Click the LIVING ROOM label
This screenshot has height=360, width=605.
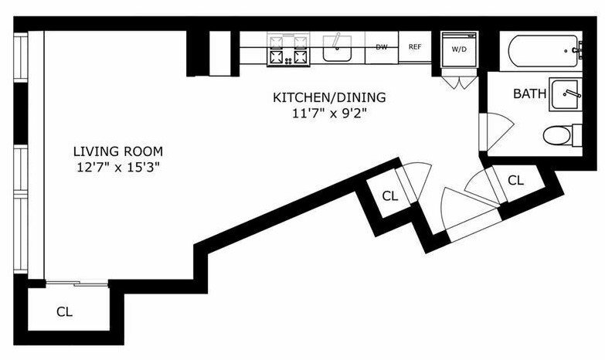point(118,151)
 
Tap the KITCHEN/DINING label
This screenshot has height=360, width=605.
point(329,97)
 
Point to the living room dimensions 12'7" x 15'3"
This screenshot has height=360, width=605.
point(117,168)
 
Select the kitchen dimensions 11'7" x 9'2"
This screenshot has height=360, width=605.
point(328,114)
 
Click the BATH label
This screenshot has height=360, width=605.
point(529,93)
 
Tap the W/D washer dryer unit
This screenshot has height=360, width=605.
point(460,49)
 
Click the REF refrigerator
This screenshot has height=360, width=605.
point(415,47)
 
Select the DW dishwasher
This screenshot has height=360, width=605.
point(382,47)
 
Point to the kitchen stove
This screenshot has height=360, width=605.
point(289,49)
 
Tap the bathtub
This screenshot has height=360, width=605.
point(543,51)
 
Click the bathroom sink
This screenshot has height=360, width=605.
point(566,94)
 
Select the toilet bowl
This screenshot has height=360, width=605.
point(557,136)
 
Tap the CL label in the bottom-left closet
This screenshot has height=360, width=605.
point(64,311)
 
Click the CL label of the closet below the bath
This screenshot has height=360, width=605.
point(516,180)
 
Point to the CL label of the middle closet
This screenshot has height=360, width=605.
point(389,196)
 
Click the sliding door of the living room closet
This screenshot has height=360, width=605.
point(76,284)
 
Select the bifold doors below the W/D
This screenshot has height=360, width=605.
point(459,82)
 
